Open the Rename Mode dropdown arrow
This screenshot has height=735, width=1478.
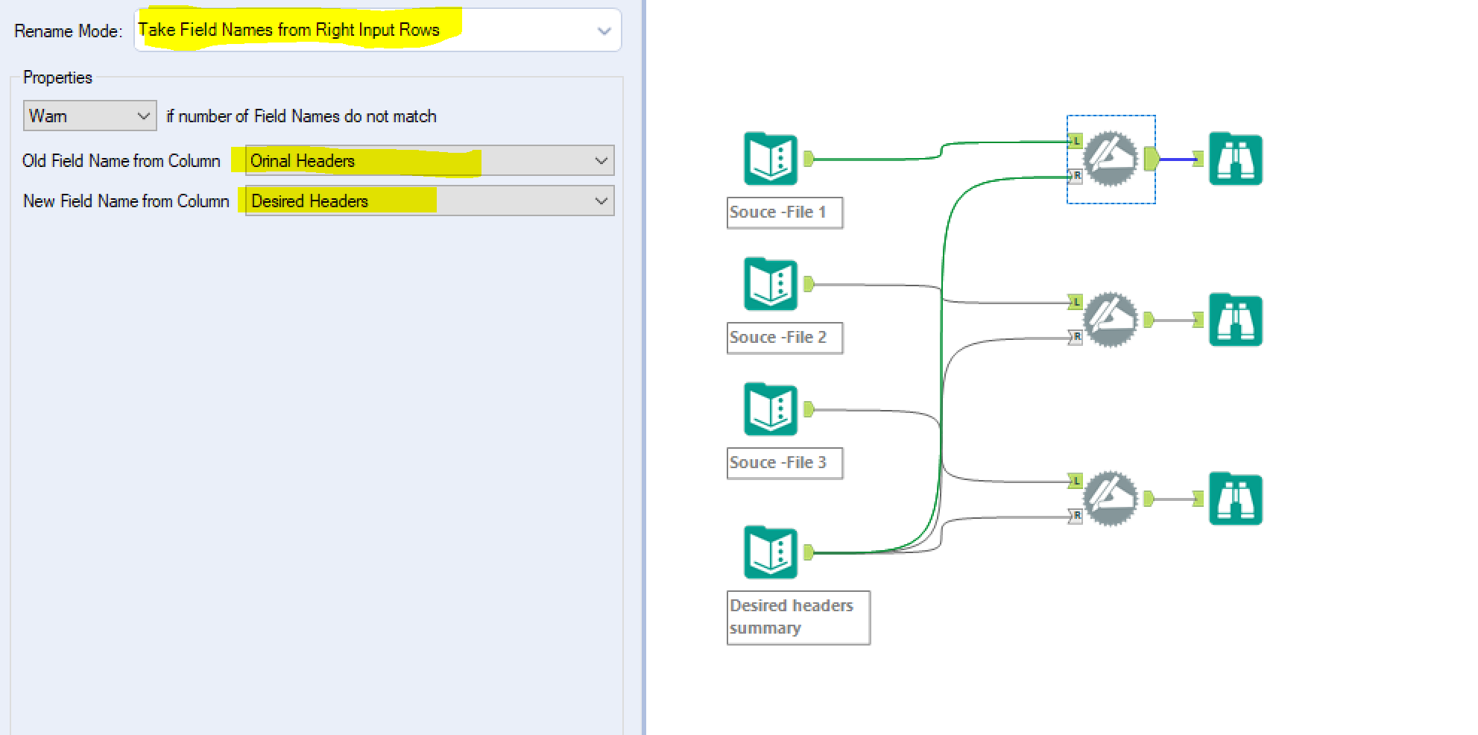tap(604, 31)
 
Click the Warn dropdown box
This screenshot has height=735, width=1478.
tap(89, 116)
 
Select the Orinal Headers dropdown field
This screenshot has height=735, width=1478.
tap(429, 160)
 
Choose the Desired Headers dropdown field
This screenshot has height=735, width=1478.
tap(429, 201)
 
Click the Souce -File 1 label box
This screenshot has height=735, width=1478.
tap(784, 212)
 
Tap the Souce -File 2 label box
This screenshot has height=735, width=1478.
tap(784, 338)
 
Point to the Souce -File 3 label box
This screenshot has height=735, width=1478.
tap(784, 463)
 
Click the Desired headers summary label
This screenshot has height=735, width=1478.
tap(798, 617)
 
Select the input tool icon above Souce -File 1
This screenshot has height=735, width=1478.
tap(771, 158)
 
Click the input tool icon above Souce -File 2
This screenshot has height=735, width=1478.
tap(771, 283)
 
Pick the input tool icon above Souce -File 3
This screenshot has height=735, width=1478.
tap(771, 408)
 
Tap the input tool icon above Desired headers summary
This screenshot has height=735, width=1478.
tap(771, 552)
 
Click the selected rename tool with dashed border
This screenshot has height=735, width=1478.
tap(1111, 158)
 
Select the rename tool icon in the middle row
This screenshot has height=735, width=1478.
tap(1111, 319)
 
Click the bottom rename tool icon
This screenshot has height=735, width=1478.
tap(1111, 498)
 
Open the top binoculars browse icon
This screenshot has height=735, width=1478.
tap(1235, 159)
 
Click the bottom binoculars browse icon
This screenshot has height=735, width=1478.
tap(1235, 499)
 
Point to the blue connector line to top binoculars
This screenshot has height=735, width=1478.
tap(1178, 159)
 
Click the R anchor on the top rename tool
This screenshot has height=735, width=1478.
tap(1076, 176)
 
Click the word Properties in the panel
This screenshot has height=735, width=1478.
tap(57, 78)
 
